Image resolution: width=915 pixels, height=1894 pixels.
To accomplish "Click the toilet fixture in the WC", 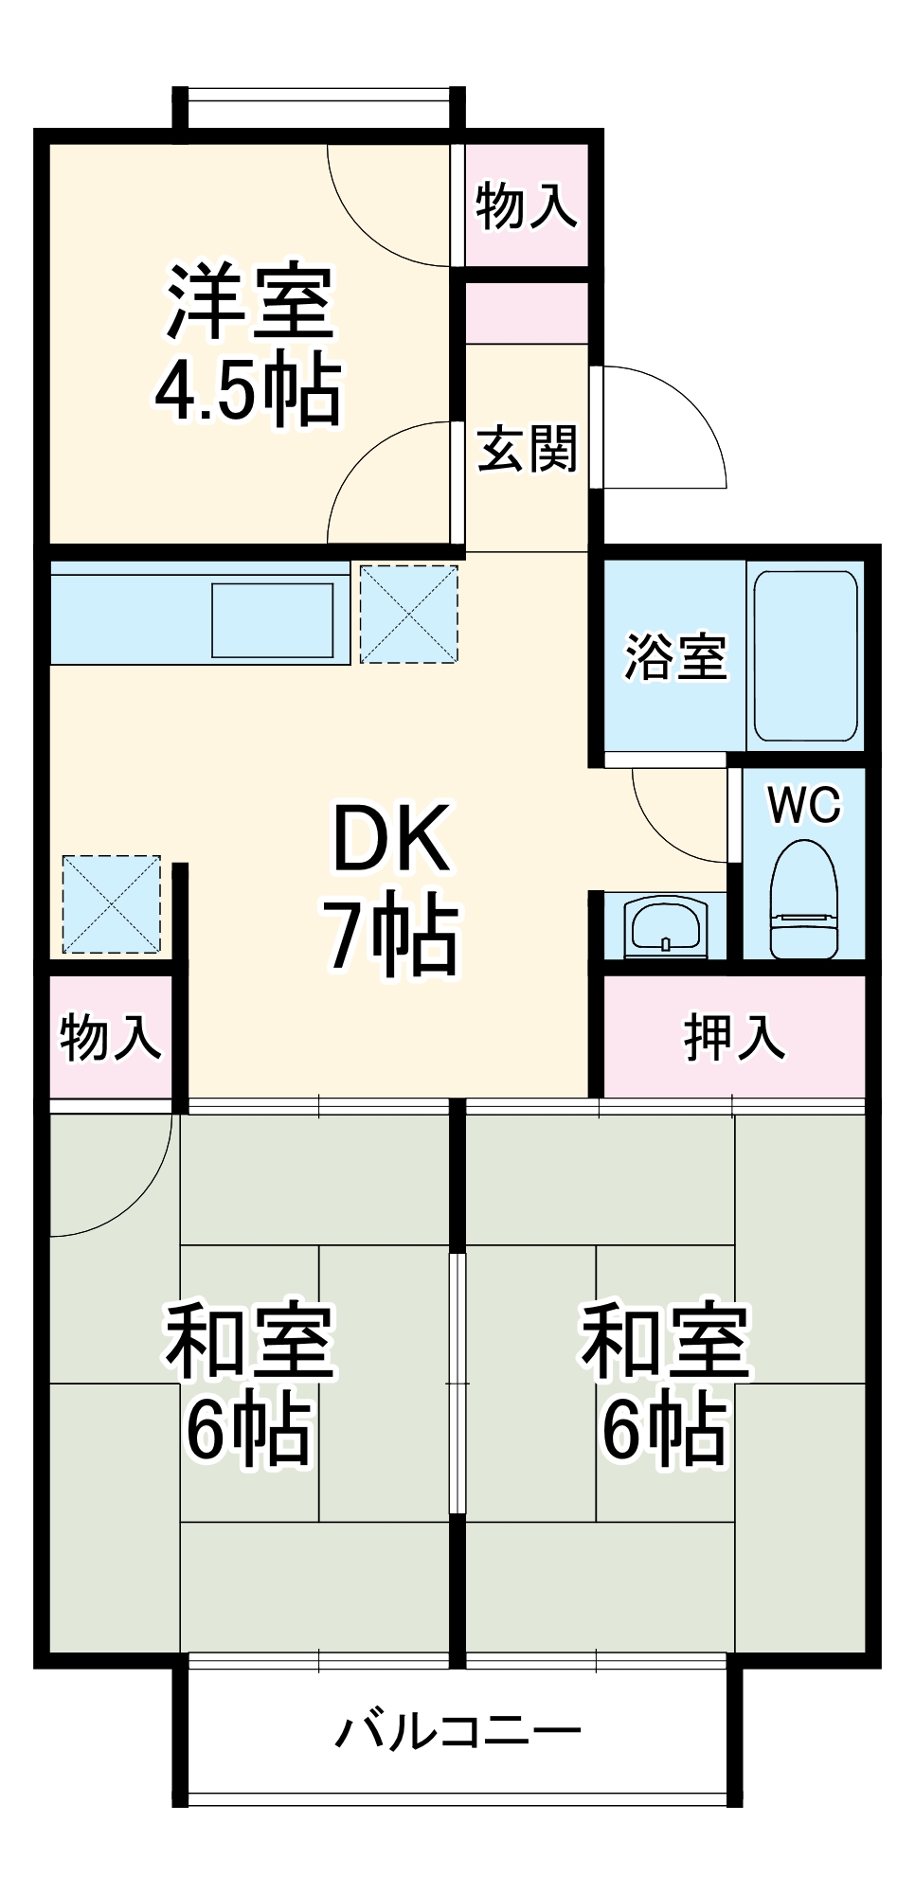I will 803,900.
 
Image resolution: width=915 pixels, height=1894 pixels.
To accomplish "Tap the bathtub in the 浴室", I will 805,655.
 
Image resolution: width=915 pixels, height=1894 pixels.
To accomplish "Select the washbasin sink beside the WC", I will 665,926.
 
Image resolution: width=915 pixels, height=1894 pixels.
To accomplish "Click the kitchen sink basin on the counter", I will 273,620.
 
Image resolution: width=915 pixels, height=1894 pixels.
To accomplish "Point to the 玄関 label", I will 527,448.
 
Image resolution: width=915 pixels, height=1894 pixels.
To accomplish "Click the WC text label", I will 804,806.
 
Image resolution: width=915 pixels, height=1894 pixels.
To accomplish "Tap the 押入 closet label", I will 734,1037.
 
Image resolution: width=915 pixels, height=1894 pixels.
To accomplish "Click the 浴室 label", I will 675,656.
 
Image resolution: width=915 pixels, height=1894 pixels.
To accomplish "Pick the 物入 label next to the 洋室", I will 526,205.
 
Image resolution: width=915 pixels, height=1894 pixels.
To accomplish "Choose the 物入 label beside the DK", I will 110,1037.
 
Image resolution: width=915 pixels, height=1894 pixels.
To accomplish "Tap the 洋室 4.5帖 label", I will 248,346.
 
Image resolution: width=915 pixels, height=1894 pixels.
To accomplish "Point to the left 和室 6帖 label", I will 249,1384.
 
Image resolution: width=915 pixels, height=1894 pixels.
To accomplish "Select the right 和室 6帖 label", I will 665,1384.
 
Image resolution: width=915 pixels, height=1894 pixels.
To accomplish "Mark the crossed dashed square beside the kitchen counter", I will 409,614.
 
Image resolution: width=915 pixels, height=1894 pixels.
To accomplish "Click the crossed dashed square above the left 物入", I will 111,903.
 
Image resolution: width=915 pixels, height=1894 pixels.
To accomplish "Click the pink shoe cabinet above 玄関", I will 527,313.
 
